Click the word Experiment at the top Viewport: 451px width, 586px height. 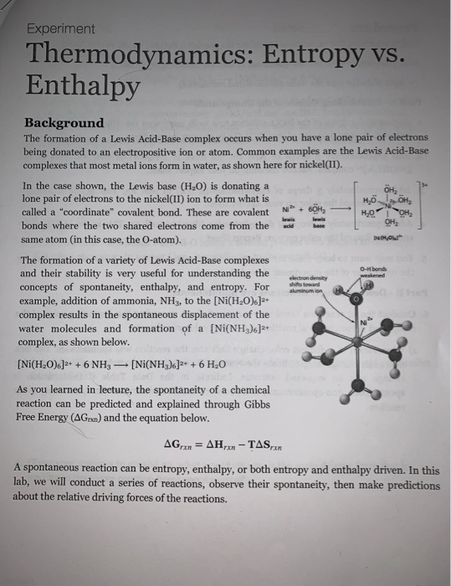click(60, 28)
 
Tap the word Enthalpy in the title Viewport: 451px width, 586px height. click(82, 85)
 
